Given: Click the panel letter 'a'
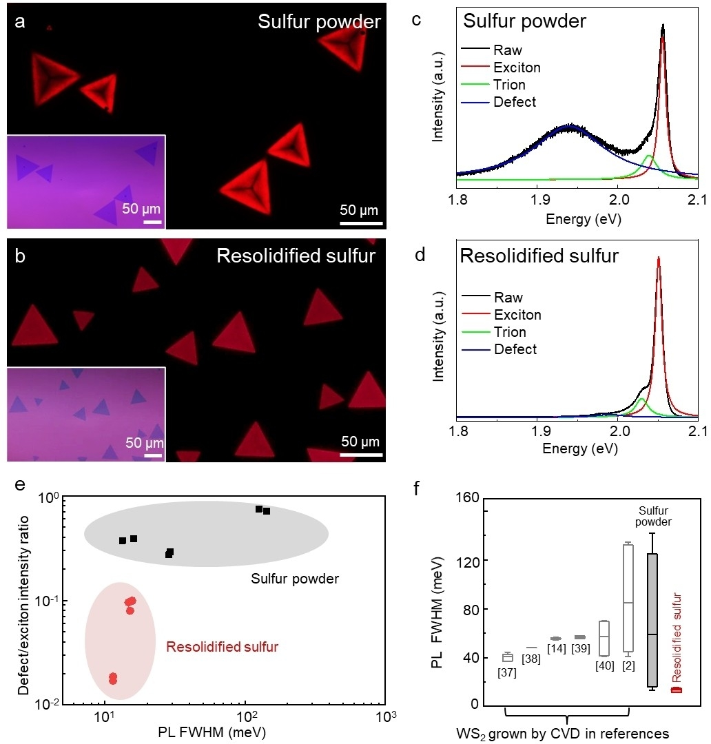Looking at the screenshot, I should tap(21, 21).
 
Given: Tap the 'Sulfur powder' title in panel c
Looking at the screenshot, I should tap(524, 21).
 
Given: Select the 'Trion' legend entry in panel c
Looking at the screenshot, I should tap(509, 85).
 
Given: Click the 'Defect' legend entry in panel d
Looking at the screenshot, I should tap(515, 349).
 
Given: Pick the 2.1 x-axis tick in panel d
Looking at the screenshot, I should tap(698, 431).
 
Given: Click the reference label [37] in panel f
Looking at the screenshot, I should tap(507, 672).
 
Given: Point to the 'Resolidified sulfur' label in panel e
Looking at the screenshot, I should tap(222, 647).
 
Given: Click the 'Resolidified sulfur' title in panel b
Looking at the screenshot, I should tap(296, 256).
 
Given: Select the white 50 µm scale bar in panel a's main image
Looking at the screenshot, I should tap(361, 223).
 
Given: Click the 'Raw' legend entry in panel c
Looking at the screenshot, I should tap(508, 50).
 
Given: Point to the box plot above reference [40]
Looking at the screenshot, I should tap(604, 638).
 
